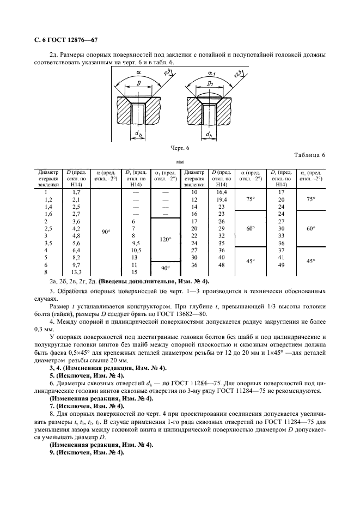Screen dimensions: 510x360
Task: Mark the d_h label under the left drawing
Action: [x=139, y=133]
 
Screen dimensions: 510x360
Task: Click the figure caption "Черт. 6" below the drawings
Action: [x=180, y=148]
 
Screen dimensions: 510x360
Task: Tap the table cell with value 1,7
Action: [x=76, y=192]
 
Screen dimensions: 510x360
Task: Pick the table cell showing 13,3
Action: [x=76, y=272]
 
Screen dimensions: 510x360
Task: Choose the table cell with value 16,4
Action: [x=222, y=192]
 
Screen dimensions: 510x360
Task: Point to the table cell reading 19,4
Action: [x=222, y=199]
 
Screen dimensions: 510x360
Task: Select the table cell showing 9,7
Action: [x=76, y=265]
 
